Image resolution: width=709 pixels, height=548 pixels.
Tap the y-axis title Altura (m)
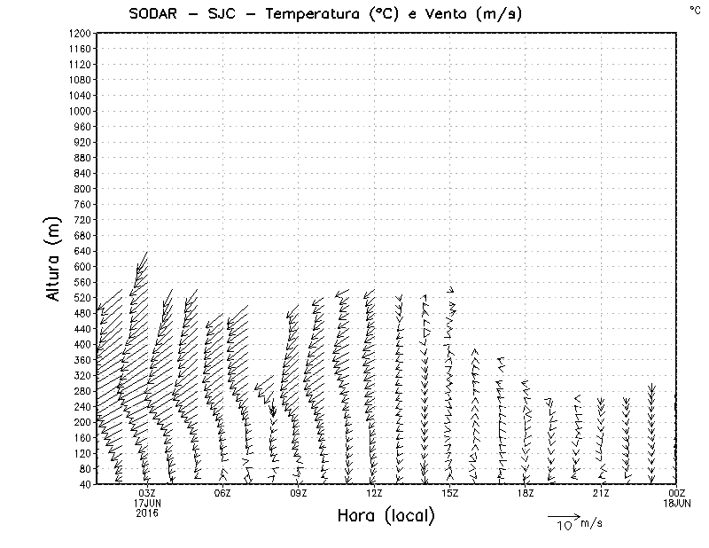click(x=54, y=261)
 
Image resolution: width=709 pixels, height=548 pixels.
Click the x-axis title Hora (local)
click(x=386, y=516)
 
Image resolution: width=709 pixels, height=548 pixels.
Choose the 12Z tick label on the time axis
click(x=374, y=493)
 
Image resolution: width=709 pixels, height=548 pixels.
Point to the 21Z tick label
click(x=601, y=493)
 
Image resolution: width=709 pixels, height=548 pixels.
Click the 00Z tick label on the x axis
click(x=677, y=493)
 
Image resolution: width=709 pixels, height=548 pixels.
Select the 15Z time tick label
click(x=449, y=493)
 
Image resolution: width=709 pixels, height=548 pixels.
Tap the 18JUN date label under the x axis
click(x=677, y=503)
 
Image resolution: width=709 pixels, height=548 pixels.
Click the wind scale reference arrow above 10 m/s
click(x=563, y=515)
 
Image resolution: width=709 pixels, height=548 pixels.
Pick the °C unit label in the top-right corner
click(x=694, y=10)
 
